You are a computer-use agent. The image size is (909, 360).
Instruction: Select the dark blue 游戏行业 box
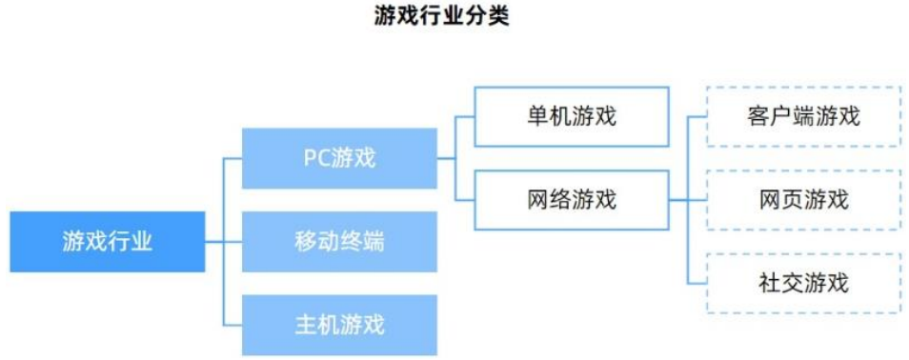108,241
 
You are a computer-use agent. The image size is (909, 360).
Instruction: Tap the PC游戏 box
339,157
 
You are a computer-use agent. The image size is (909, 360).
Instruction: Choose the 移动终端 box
339,241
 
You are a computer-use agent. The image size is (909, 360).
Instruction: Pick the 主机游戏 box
339,325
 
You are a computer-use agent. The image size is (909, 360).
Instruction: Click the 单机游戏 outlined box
571,117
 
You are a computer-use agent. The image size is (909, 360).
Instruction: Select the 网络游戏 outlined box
571,200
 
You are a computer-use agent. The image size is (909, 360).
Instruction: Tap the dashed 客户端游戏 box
803,117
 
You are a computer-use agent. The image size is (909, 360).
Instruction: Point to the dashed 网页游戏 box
803,200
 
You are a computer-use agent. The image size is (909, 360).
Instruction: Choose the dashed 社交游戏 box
803,283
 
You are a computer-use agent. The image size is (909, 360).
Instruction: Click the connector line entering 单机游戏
465,117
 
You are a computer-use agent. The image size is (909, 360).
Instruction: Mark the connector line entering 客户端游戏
697,117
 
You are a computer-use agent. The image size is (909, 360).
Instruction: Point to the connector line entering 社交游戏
697,283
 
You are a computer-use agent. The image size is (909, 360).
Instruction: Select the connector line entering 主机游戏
232,325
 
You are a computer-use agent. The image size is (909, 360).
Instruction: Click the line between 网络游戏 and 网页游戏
686,200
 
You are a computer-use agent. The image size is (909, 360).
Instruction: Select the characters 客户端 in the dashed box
781,117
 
